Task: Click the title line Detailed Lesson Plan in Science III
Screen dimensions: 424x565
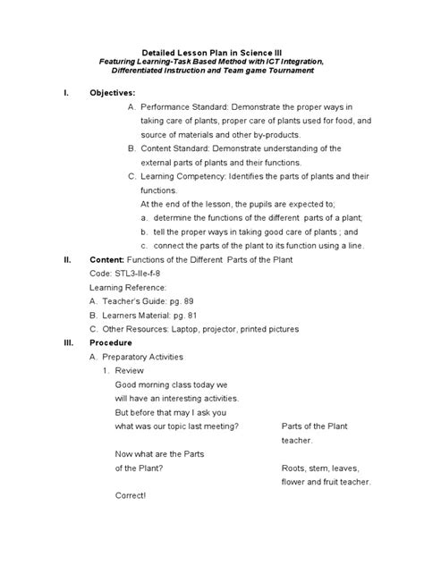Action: pyautogui.click(x=212, y=54)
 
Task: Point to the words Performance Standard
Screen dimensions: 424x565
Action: pyautogui.click(x=182, y=106)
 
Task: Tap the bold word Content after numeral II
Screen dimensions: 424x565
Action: pyautogui.click(x=107, y=258)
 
